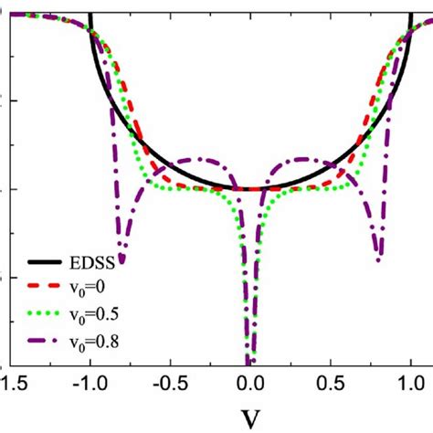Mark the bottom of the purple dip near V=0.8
tap(379, 260)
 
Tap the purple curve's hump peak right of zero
tap(306, 159)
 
